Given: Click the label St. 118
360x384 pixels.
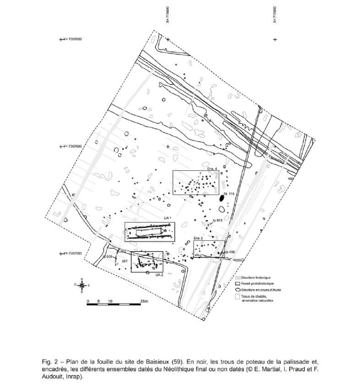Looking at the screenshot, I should pyautogui.click(x=228, y=194).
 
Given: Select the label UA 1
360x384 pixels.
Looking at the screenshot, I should pyautogui.click(x=168, y=218).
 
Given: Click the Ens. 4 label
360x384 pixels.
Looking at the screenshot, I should pyautogui.click(x=212, y=168).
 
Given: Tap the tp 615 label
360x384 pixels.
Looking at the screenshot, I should pyautogui.click(x=218, y=220).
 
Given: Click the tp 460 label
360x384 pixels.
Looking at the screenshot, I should pyautogui.click(x=230, y=252).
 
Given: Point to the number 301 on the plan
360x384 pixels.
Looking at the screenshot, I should pyautogui.click(x=124, y=261).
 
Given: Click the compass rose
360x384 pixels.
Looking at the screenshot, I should pyautogui.click(x=82, y=286).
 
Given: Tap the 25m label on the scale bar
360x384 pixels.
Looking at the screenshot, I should pyautogui.click(x=144, y=301).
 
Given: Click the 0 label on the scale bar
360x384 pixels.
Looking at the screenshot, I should pyautogui.click(x=88, y=301).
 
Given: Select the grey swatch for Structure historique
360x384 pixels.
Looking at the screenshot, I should pyautogui.click(x=238, y=278).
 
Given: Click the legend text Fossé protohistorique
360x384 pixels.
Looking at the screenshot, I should pyautogui.click(x=257, y=284).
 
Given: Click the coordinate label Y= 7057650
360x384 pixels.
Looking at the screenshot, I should pyautogui.click(x=73, y=39).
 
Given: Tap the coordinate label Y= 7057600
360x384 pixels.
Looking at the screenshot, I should pyautogui.click(x=73, y=146).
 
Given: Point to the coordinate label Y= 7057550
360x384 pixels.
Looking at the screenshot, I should pyautogui.click(x=73, y=253).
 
